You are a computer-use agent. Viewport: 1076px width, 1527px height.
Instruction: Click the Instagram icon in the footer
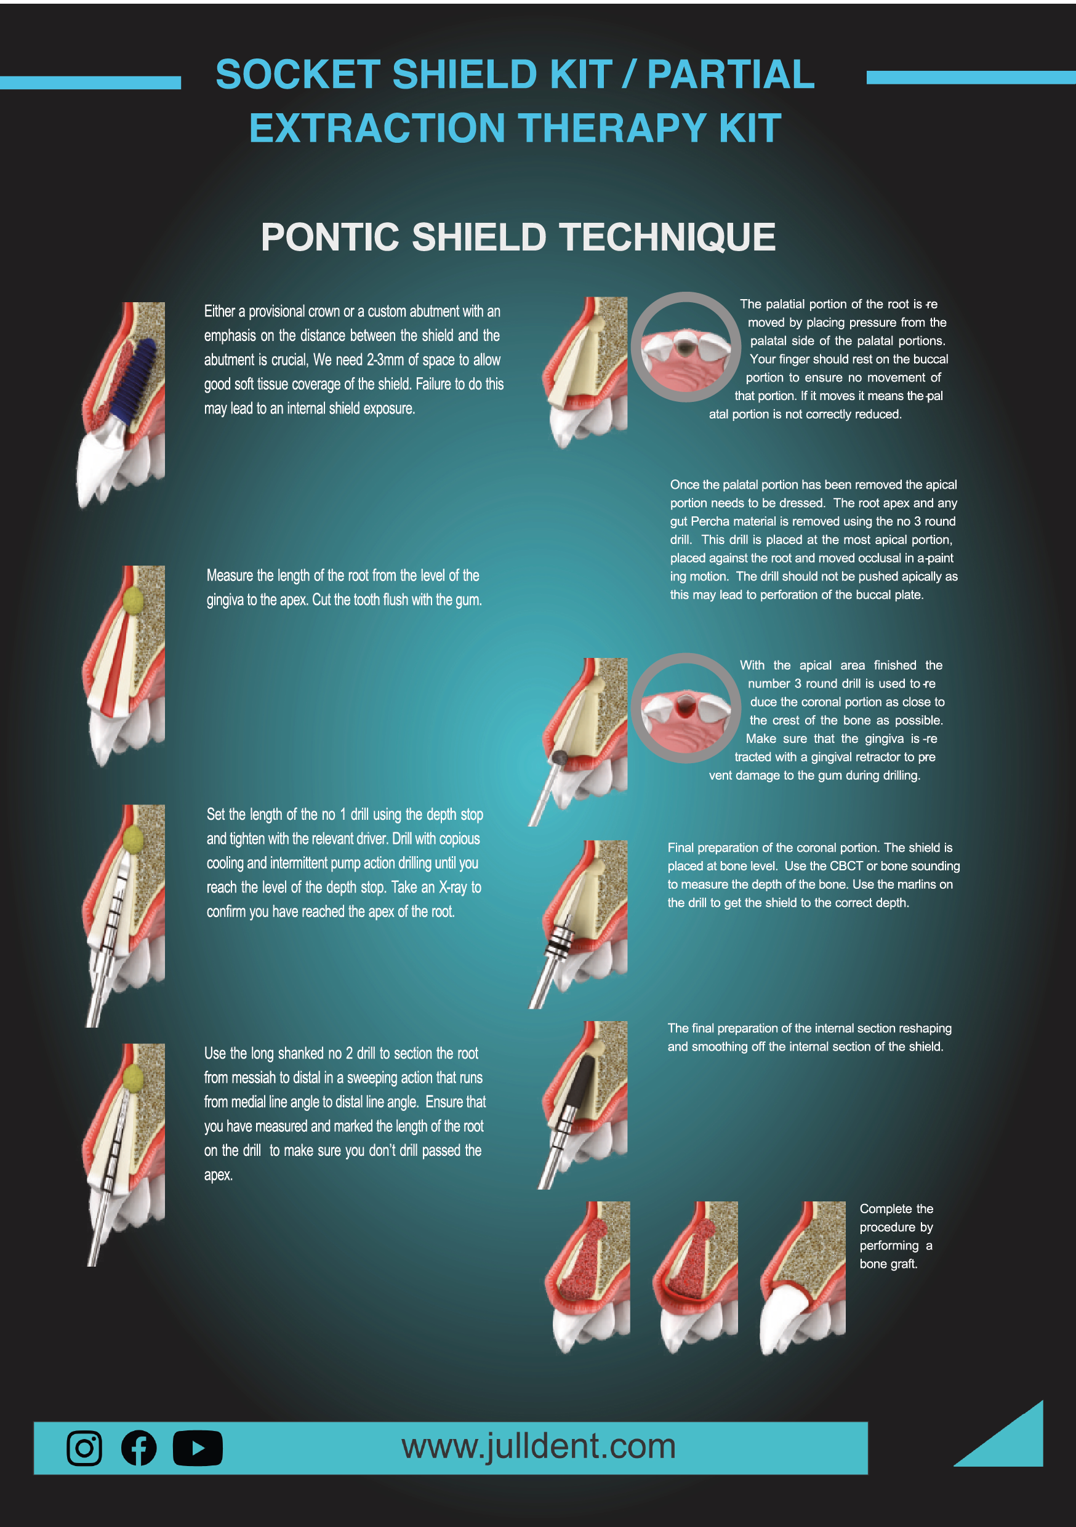[84, 1448]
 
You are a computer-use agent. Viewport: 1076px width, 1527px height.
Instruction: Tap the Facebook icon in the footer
[139, 1448]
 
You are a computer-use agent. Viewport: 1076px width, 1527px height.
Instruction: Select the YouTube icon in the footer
[198, 1448]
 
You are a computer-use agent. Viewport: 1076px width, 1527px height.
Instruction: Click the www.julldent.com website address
[538, 1446]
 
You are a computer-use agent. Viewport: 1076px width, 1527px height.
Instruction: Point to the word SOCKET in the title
[297, 74]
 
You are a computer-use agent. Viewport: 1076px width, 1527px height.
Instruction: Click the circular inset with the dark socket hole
[686, 347]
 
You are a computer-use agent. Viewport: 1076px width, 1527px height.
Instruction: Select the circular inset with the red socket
[686, 708]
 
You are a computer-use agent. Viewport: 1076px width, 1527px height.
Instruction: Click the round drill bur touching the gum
[560, 758]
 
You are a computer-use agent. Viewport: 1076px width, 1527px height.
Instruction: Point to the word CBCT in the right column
[846, 866]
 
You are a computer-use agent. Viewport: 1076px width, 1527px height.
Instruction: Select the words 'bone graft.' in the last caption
[888, 1264]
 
